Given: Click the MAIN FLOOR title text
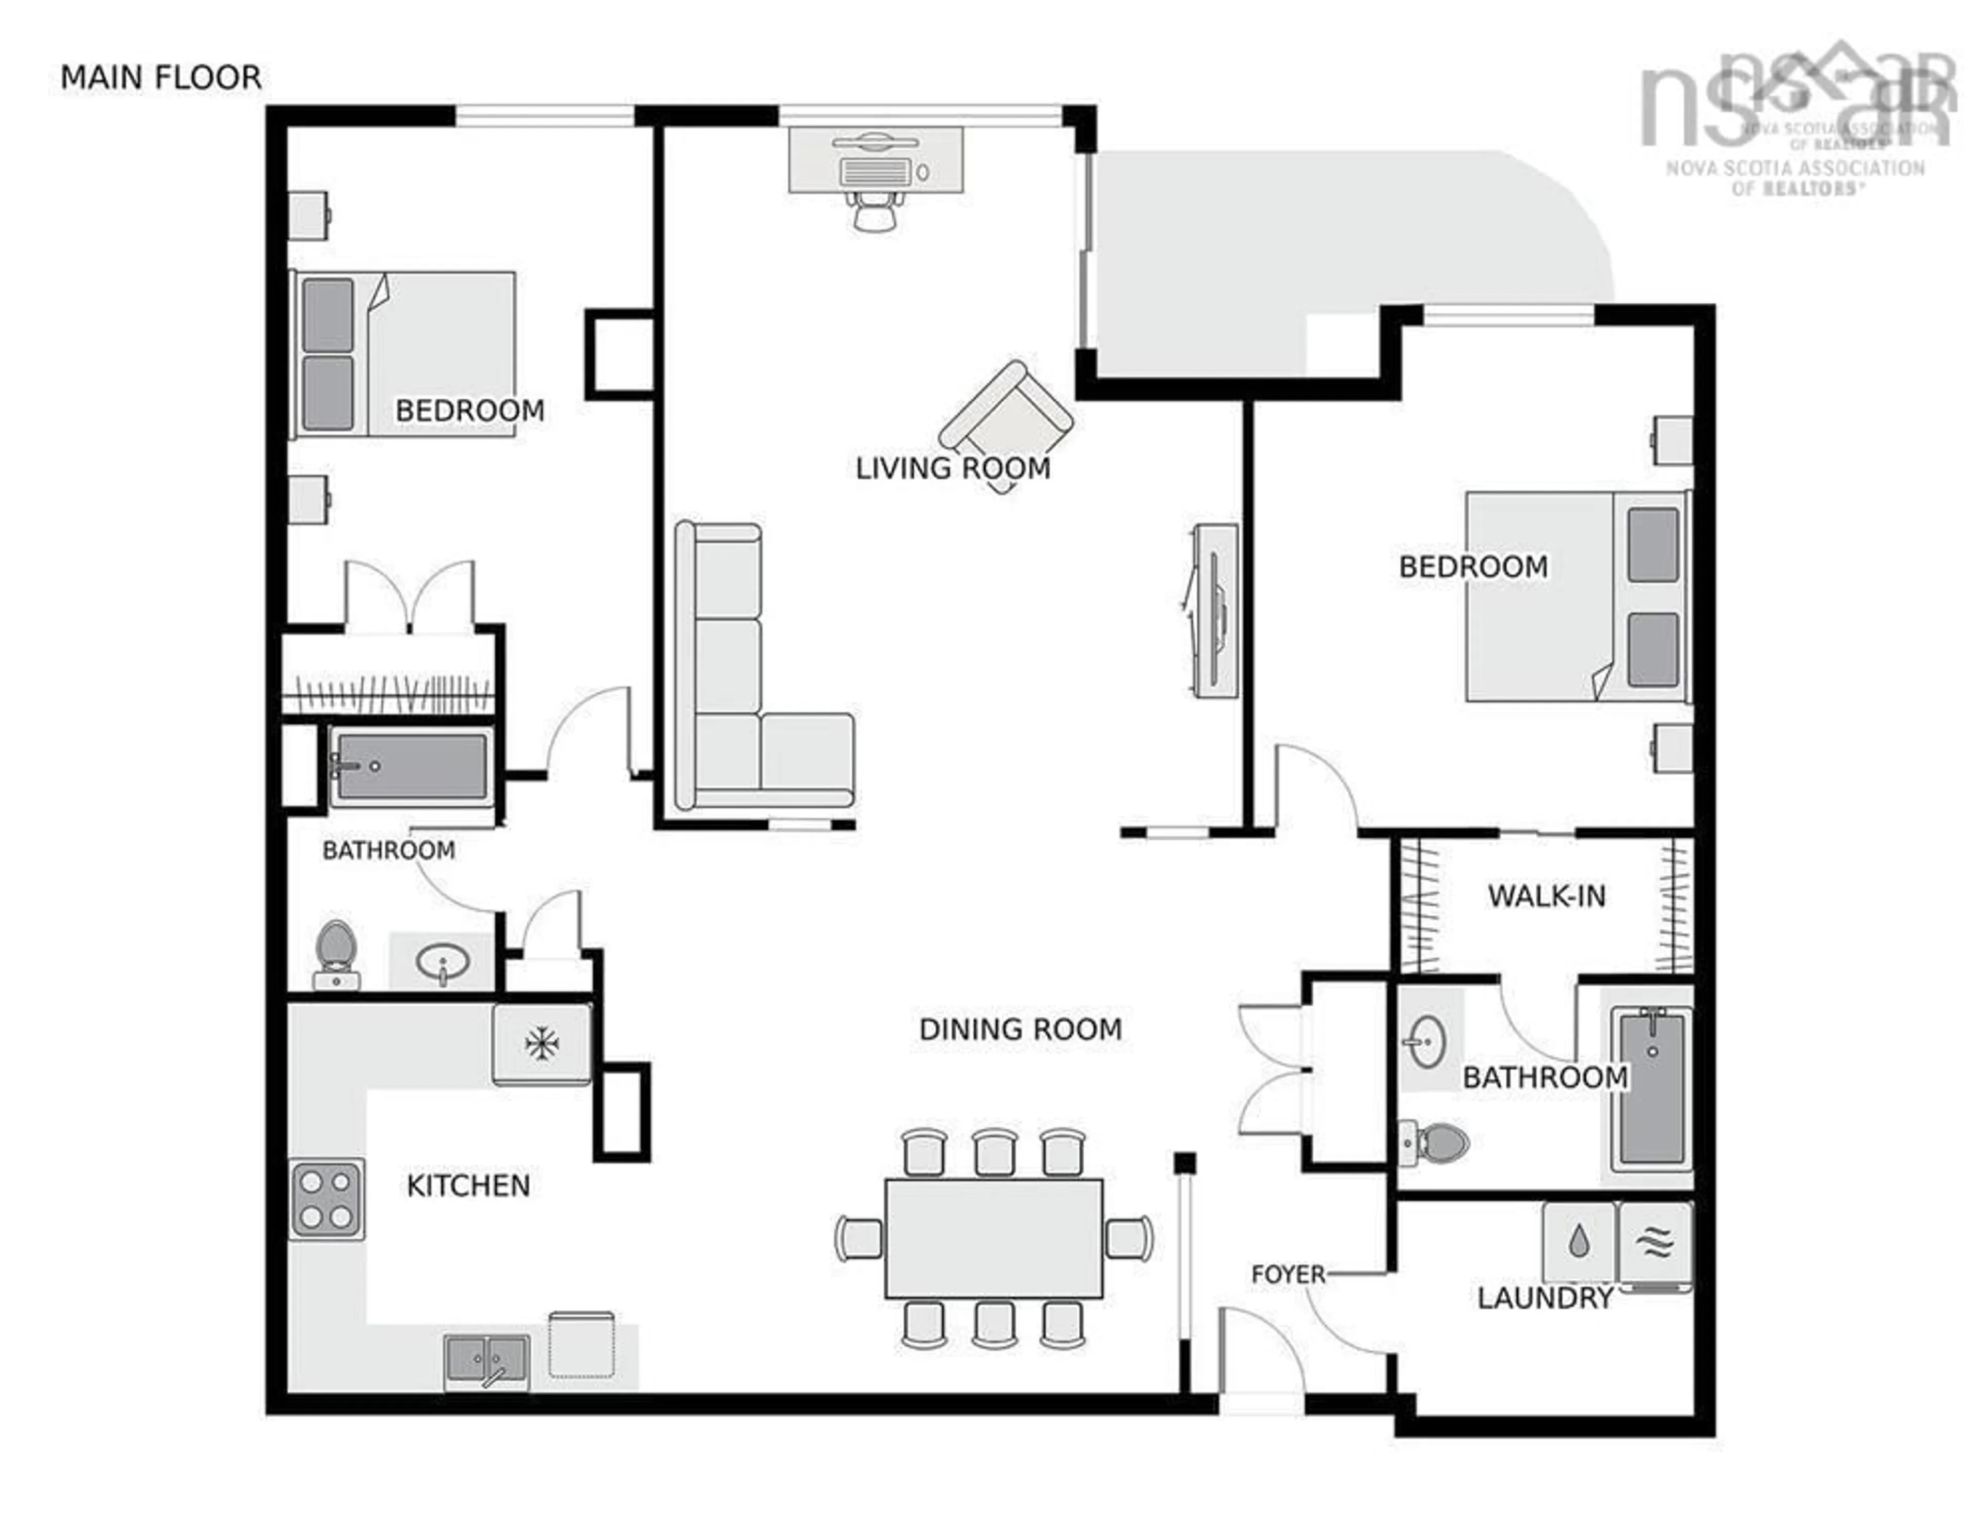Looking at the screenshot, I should pyautogui.click(x=160, y=78).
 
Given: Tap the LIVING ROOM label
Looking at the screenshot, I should pyautogui.click(x=952, y=468).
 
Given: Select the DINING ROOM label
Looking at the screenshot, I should pyautogui.click(x=1020, y=1030).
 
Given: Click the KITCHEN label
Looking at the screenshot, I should pyautogui.click(x=468, y=1185).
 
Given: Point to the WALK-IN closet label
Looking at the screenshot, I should pyautogui.click(x=1547, y=896).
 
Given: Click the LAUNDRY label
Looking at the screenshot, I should pyautogui.click(x=1545, y=1298).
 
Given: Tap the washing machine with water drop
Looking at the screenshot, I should pyautogui.click(x=1579, y=1241).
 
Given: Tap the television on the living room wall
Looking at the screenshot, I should pyautogui.click(x=1214, y=610).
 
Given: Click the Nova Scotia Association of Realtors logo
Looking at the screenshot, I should pyautogui.click(x=1794, y=118).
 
